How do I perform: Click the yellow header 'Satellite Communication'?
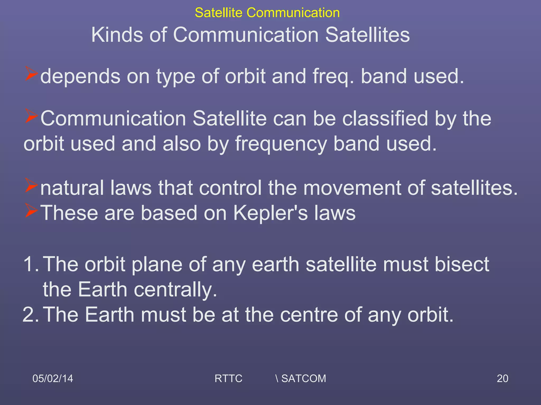point(267,13)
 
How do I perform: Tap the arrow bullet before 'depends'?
point(31,74)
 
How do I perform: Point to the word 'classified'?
point(385,118)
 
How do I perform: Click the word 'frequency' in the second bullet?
point(281,144)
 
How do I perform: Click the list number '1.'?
point(31,264)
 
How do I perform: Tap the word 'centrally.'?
point(175,289)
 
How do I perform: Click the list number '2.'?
point(31,315)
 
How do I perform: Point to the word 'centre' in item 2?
point(309,315)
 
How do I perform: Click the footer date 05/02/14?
point(53,378)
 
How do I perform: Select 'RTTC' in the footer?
point(228,378)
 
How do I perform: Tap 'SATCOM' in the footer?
point(304,378)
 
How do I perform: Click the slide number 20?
point(502,378)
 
